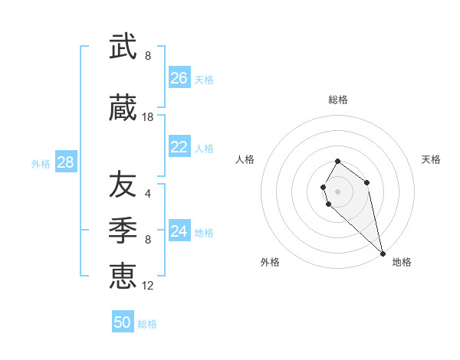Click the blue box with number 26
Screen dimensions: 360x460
[x=179, y=78]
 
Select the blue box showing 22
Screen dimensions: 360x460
[x=179, y=147]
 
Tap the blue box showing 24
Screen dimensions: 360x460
[x=179, y=231]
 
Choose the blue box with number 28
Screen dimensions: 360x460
[x=65, y=162]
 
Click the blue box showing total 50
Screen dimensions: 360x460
[x=123, y=322]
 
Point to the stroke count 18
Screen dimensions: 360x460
[x=148, y=117]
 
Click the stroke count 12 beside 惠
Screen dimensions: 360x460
[x=148, y=285]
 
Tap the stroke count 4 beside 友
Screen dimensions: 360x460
[x=148, y=193]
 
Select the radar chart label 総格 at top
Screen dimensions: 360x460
[x=337, y=100]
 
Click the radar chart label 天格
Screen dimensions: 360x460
[x=431, y=159]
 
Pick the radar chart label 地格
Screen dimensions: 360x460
[x=402, y=262]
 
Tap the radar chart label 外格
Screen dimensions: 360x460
[x=270, y=262]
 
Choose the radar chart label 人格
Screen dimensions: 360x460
[x=245, y=159]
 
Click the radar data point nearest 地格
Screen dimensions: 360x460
[x=383, y=253]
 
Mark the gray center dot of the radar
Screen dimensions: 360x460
[x=337, y=191]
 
